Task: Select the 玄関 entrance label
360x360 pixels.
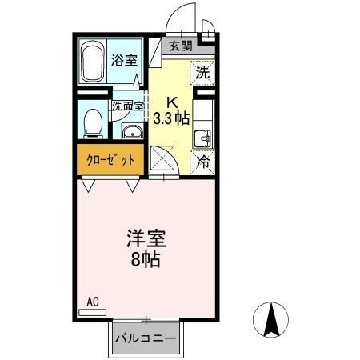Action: click(180, 46)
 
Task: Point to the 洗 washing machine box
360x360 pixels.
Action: click(204, 71)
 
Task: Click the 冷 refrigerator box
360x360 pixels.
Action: click(203, 161)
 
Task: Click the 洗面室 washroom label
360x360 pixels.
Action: click(127, 106)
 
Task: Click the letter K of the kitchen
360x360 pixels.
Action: click(171, 102)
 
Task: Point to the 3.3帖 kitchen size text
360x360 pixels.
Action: click(171, 117)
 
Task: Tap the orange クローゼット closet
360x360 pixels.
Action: click(110, 158)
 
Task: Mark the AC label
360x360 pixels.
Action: click(92, 302)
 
